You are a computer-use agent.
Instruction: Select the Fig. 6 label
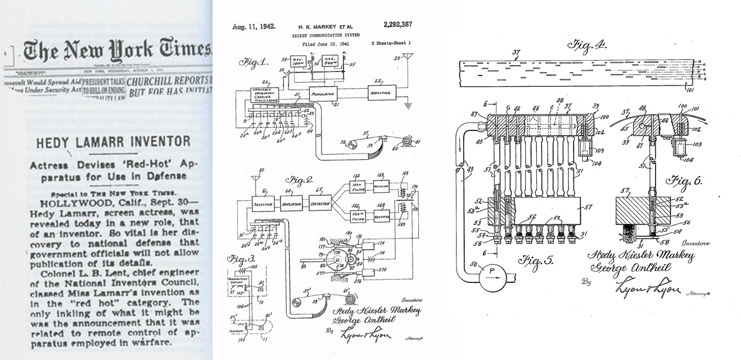(x=681, y=183)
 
